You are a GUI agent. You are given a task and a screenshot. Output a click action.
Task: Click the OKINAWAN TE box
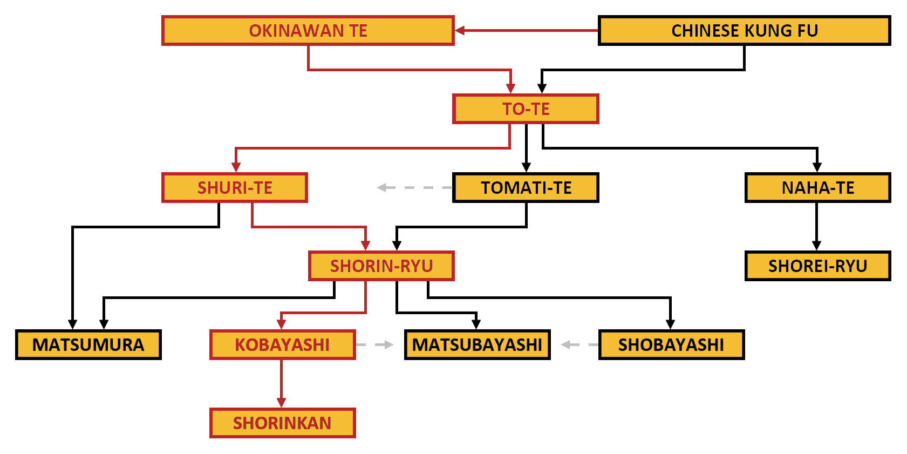click(x=308, y=31)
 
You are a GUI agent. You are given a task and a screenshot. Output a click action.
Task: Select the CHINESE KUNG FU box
click(x=744, y=31)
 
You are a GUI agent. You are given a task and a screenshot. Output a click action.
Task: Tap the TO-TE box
click(x=526, y=109)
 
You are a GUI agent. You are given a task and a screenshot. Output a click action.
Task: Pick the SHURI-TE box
click(x=235, y=188)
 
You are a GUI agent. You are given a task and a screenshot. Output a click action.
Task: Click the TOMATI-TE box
click(x=526, y=188)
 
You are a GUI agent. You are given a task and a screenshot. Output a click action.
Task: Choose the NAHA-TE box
click(x=817, y=188)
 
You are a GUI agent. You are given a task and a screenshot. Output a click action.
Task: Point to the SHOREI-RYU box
click(x=817, y=266)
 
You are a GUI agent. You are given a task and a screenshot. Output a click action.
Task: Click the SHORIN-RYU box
click(x=381, y=266)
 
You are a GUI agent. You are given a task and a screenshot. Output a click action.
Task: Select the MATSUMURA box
click(x=88, y=344)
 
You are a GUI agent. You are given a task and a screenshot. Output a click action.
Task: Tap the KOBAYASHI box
click(x=282, y=344)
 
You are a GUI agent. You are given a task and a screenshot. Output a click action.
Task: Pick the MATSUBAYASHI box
click(x=477, y=344)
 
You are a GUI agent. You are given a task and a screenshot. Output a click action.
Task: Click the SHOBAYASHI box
click(x=671, y=344)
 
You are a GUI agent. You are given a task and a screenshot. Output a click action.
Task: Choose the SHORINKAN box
click(x=282, y=423)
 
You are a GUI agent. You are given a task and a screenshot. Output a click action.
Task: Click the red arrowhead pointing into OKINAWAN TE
click(x=460, y=30)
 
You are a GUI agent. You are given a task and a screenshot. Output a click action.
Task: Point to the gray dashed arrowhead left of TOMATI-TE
click(x=383, y=187)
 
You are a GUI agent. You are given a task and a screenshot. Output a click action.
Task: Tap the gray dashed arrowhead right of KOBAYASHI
click(x=388, y=344)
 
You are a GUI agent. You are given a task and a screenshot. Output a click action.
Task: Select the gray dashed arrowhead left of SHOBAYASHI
click(x=567, y=344)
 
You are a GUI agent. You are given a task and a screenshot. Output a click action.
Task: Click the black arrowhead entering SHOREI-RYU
click(x=816, y=246)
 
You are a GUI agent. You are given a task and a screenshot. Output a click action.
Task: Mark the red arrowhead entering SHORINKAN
click(x=281, y=402)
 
